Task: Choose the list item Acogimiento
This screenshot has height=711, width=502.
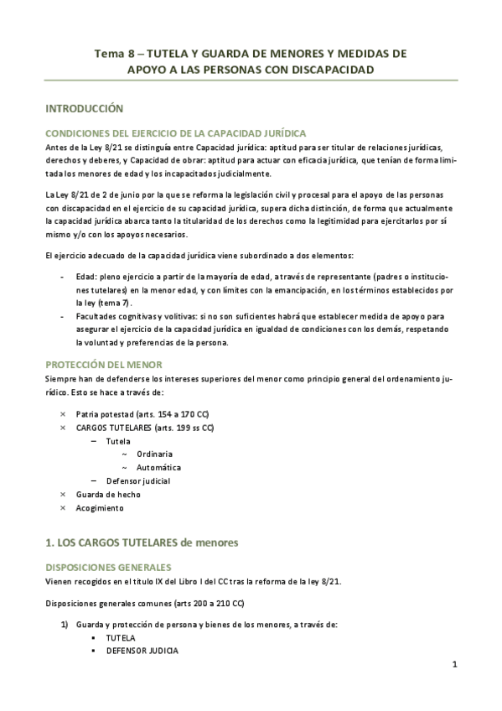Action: (x=99, y=508)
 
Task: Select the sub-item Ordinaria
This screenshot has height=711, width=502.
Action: (x=155, y=454)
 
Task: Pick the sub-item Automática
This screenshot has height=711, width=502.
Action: (x=159, y=467)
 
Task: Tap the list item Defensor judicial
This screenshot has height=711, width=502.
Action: (x=138, y=480)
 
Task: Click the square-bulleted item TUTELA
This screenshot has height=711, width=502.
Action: (x=121, y=637)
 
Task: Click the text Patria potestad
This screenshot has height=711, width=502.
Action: (x=104, y=413)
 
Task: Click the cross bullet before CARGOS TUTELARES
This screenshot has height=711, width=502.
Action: (x=64, y=428)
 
